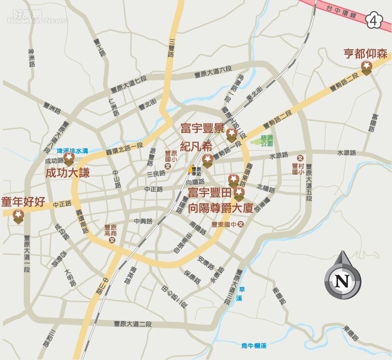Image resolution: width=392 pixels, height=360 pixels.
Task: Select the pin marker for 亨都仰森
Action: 367,68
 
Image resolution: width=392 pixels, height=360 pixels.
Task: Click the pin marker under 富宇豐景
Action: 232,135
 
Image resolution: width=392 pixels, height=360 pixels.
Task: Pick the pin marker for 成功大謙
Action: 69,159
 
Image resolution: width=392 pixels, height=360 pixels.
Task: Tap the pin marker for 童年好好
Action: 19,216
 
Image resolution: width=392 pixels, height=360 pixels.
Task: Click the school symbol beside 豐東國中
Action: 241,225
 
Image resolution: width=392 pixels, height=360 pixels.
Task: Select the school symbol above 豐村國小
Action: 300,158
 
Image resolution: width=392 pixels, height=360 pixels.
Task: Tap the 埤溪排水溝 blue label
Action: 73,151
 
